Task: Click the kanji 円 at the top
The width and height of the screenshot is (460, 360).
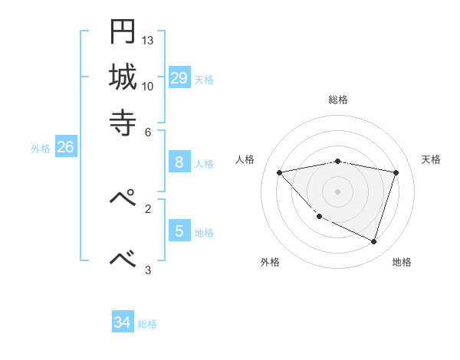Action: (x=122, y=31)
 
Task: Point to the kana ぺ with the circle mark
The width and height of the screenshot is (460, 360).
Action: (x=123, y=198)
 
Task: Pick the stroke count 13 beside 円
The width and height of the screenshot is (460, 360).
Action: (x=148, y=40)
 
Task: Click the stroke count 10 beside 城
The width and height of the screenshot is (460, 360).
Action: (x=148, y=86)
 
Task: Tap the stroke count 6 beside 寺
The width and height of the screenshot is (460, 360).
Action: (x=148, y=131)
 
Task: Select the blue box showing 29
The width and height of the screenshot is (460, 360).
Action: (x=179, y=77)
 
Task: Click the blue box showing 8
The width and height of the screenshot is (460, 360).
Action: (x=179, y=162)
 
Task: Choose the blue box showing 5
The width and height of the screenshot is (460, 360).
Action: (x=179, y=231)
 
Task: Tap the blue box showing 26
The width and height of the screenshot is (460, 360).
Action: (x=65, y=147)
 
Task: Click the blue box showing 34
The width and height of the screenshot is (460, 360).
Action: (x=123, y=322)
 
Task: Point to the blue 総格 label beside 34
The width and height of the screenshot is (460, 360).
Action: (x=147, y=324)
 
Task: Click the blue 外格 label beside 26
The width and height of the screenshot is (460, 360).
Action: (x=41, y=149)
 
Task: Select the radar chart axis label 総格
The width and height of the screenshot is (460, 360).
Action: (x=338, y=100)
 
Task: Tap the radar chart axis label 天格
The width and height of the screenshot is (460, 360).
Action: (x=431, y=159)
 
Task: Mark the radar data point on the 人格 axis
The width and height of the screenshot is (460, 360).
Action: (x=280, y=172)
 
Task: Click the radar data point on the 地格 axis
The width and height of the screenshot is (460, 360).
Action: (x=373, y=242)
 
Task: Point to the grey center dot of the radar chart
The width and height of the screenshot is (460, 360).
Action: (x=338, y=191)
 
